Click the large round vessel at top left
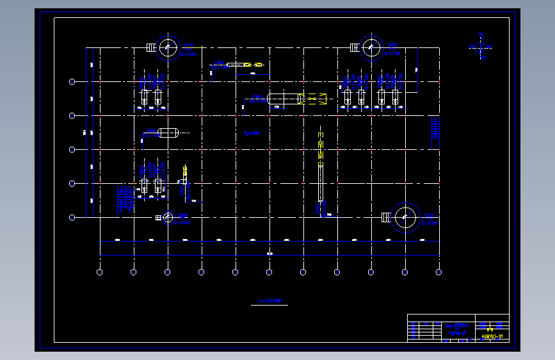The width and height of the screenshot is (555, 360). click(x=168, y=47)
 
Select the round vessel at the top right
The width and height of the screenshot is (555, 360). click(x=371, y=47)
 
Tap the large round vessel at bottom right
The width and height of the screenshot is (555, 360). click(x=405, y=217)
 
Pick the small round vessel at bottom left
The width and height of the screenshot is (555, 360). click(x=168, y=217)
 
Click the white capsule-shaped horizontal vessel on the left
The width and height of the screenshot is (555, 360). click(x=168, y=133)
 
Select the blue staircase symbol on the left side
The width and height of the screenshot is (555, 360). click(x=126, y=199)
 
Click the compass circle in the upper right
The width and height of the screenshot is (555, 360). click(x=481, y=46)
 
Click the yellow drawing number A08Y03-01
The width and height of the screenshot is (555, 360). click(x=492, y=336)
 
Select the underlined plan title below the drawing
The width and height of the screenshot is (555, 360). click(x=269, y=300)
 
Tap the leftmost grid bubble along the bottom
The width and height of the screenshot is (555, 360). click(x=100, y=272)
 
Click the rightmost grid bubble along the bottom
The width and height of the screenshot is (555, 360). click(x=438, y=272)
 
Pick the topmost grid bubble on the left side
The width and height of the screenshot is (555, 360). click(x=72, y=81)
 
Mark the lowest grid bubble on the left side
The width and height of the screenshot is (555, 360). click(x=72, y=217)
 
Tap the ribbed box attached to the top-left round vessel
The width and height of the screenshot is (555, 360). click(x=151, y=47)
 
